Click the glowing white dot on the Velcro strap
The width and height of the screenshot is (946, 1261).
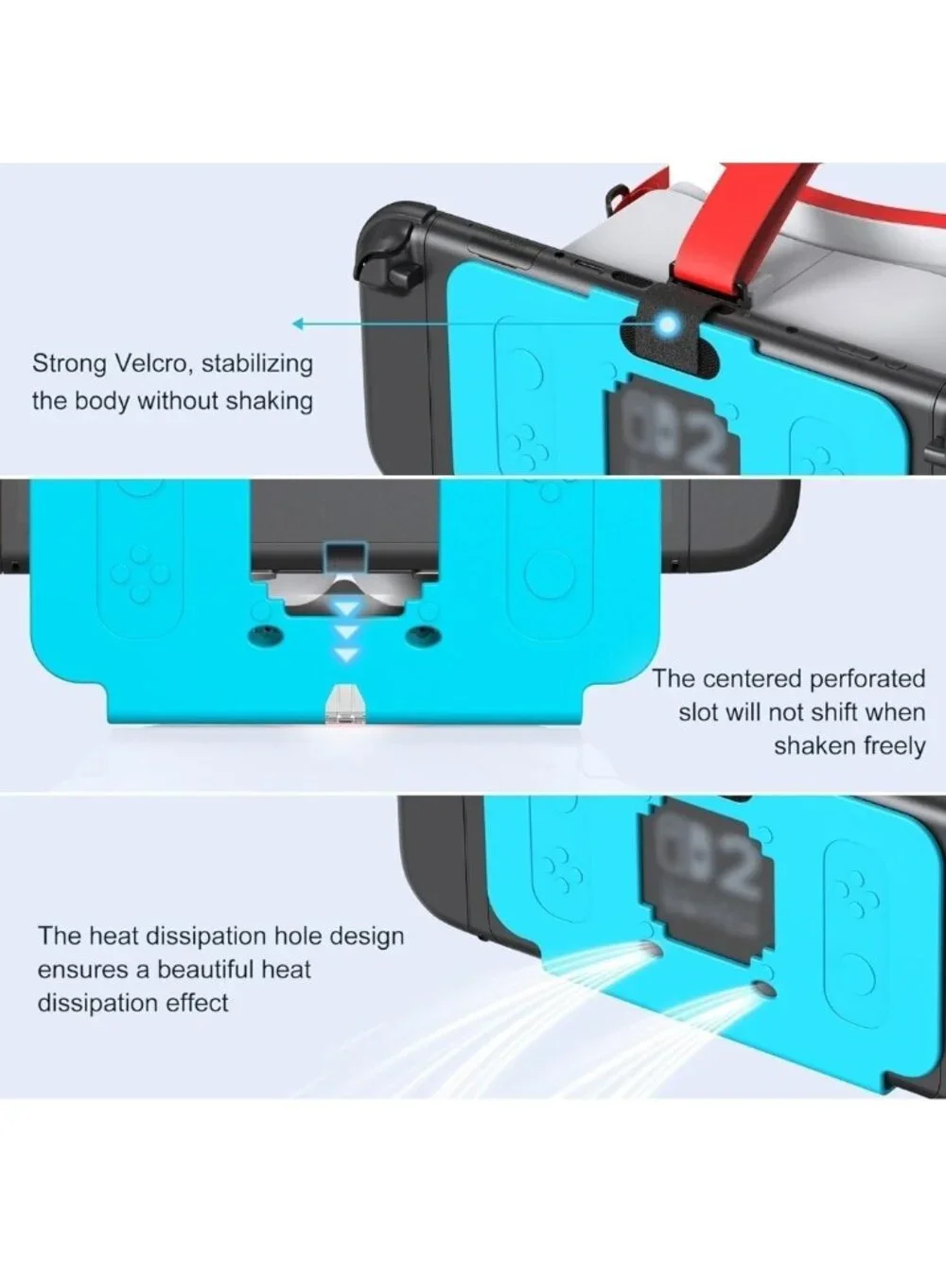pos(668,325)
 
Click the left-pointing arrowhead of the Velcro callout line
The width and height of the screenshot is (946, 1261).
pos(298,324)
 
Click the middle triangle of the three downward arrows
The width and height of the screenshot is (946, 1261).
pos(346,633)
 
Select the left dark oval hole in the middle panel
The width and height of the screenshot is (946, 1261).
pos(266,635)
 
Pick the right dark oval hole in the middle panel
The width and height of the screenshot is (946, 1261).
pos(423,635)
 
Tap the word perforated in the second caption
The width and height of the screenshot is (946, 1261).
pos(867,679)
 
